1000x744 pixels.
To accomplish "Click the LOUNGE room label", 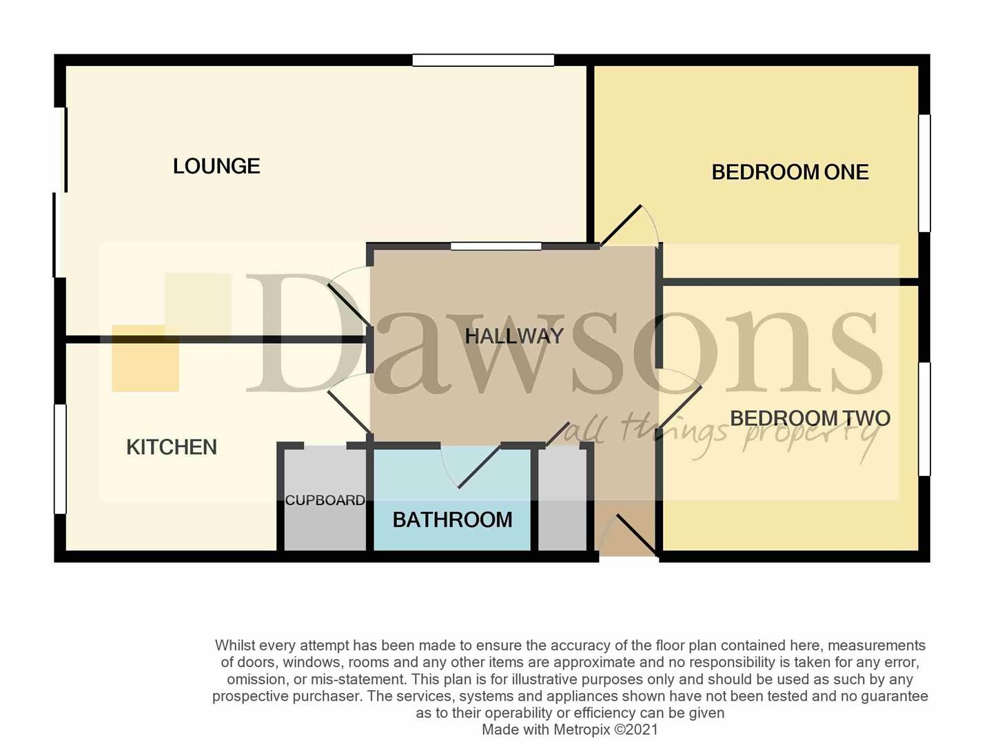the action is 216,166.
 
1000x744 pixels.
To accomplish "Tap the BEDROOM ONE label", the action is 790,172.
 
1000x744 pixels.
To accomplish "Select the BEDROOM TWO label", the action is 810,419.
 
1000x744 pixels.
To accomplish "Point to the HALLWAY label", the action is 514,336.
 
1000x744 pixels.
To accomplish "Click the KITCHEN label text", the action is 172,448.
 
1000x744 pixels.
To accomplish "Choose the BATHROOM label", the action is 452,520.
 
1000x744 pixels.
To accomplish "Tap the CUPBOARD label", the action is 325,500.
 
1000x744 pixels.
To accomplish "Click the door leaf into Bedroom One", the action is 620,225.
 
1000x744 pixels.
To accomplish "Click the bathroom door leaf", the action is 479,466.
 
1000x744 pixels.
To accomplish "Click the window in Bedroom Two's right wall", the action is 925,419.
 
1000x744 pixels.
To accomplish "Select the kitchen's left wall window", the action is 61,459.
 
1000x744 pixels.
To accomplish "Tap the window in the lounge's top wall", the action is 483,61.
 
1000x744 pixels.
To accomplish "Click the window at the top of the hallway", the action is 496,247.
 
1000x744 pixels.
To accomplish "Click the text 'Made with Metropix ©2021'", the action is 570,730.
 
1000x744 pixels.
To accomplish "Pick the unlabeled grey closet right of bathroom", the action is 562,498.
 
